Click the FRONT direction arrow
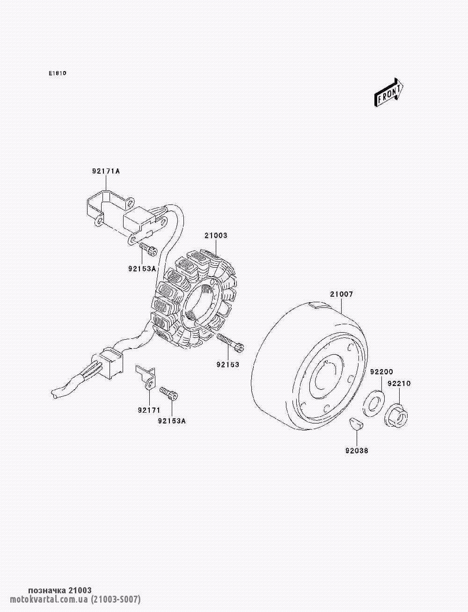click(x=388, y=93)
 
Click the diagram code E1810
click(x=58, y=73)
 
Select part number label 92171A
click(x=106, y=171)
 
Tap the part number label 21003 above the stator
click(x=216, y=235)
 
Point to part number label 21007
click(x=342, y=294)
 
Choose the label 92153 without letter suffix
click(x=228, y=364)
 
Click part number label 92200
click(x=381, y=372)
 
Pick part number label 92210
click(x=399, y=384)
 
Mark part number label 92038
click(x=357, y=451)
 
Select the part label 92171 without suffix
click(x=149, y=410)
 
